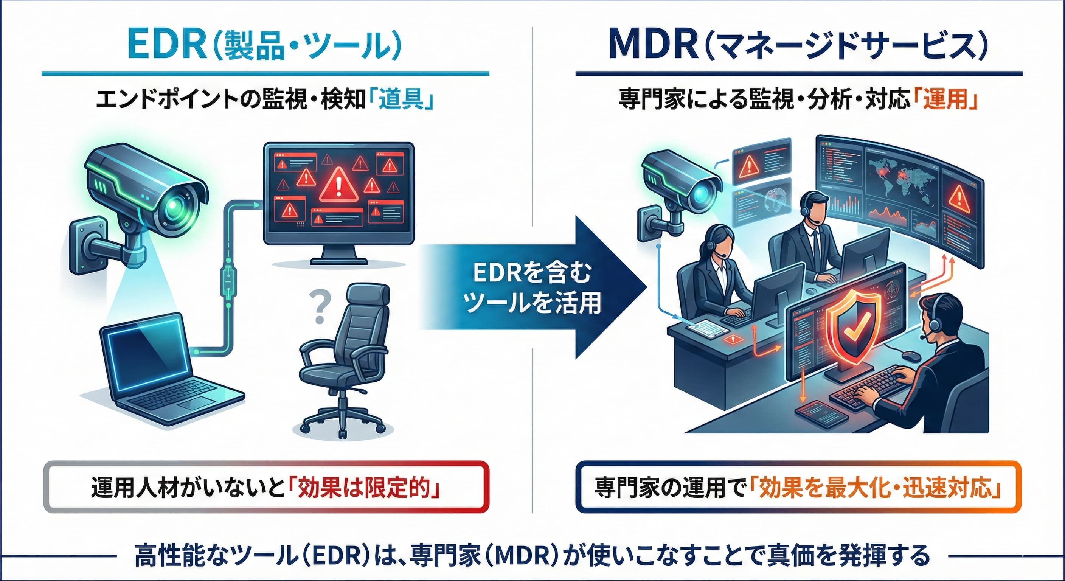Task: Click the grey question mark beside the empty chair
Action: click(319, 306)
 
